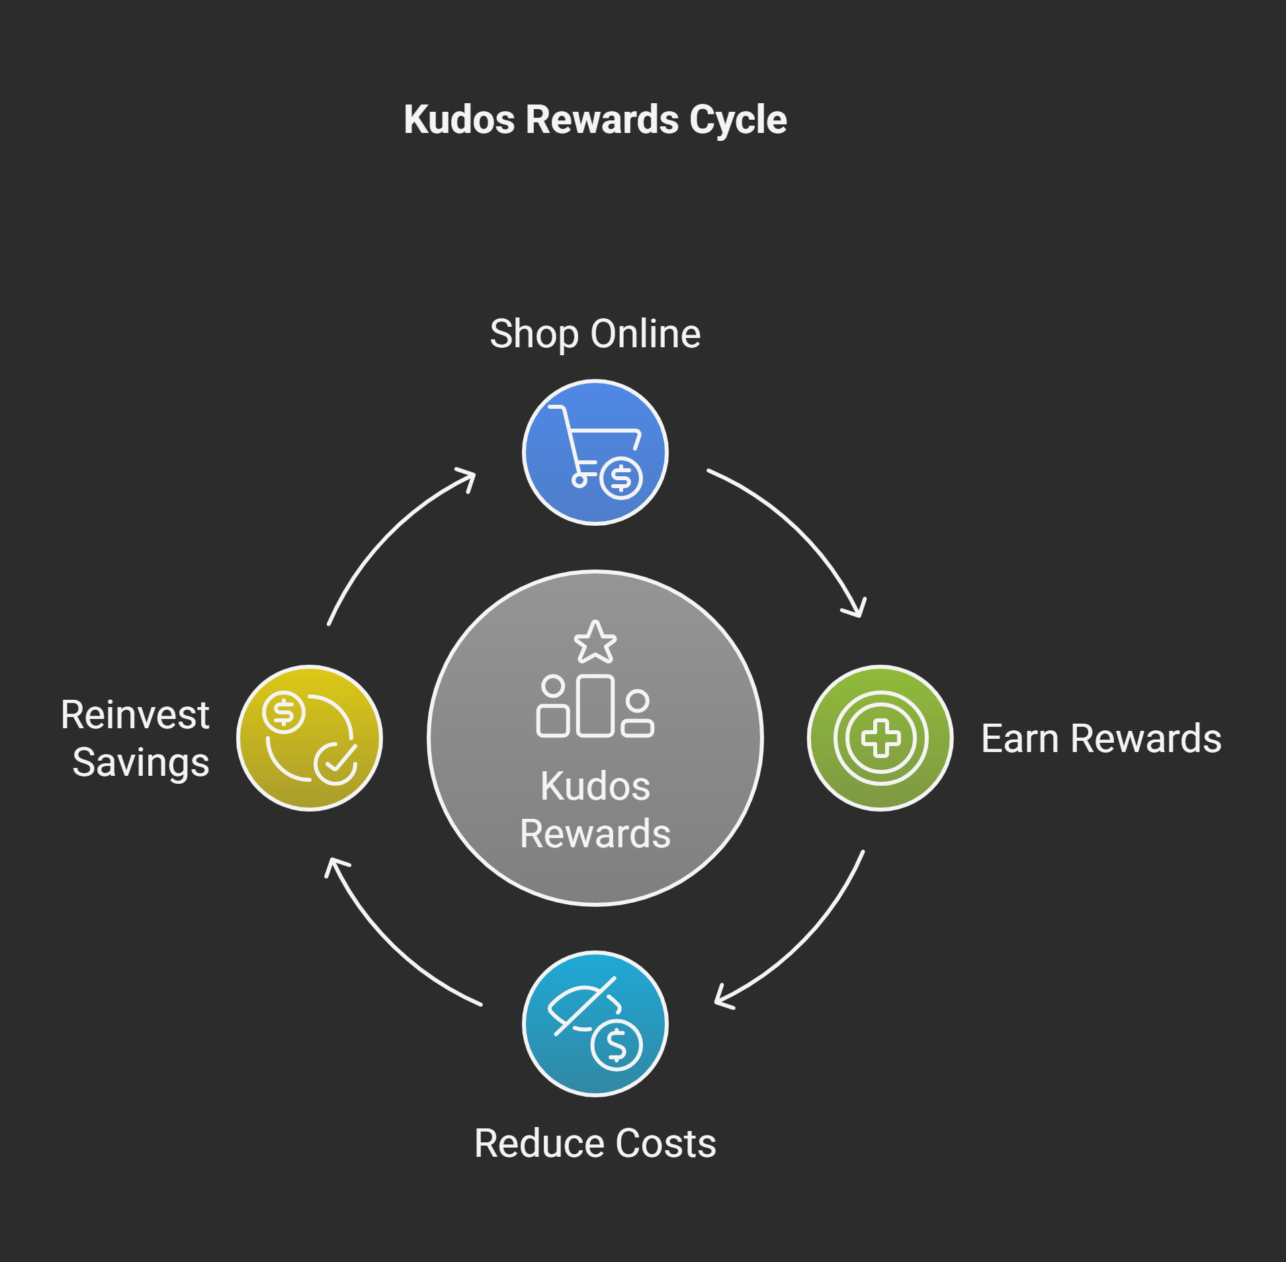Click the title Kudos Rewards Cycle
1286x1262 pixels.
pos(595,120)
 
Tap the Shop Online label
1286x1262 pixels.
pos(595,333)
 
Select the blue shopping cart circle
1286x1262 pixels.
pos(595,452)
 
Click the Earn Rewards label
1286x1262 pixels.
pos(1100,738)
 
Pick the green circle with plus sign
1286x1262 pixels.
pos(880,737)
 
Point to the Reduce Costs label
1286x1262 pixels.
pos(595,1144)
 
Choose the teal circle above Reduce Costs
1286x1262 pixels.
pos(595,1024)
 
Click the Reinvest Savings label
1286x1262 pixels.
pos(136,738)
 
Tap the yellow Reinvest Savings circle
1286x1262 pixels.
pos(309,737)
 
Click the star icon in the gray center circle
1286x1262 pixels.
pos(595,643)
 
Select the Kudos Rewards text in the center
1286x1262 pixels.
pos(595,810)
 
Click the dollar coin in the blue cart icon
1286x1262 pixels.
pos(621,478)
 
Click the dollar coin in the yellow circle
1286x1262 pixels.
pos(284,712)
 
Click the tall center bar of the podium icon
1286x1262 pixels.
pos(595,706)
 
